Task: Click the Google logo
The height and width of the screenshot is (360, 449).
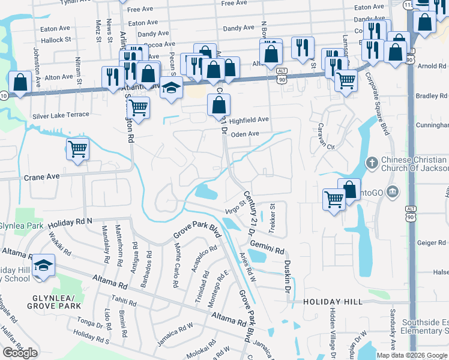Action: pyautogui.click(x=20, y=353)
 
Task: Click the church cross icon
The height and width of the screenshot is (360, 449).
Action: pyautogui.click(x=372, y=162)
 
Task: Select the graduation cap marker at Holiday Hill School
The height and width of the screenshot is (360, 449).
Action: pyautogui.click(x=43, y=265)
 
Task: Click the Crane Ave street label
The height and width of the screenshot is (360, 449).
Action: pyautogui.click(x=42, y=178)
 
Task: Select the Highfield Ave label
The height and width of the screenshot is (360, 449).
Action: pyautogui.click(x=249, y=120)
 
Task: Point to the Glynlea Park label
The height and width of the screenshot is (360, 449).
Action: pyautogui.click(x=21, y=226)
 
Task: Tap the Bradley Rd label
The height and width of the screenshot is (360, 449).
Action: pyautogui.click(x=432, y=96)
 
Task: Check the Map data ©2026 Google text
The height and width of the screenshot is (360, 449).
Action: pyautogui.click(x=412, y=355)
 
